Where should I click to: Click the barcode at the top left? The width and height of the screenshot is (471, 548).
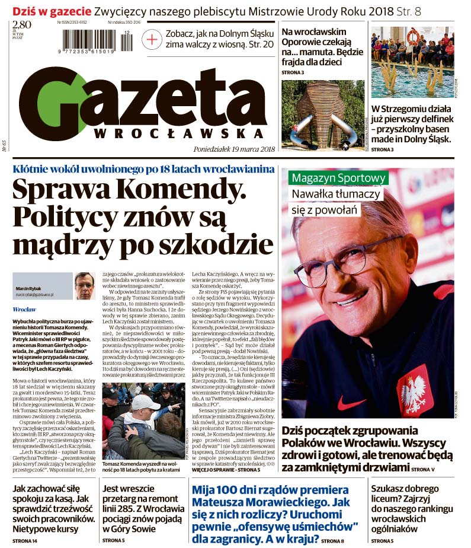[99, 42]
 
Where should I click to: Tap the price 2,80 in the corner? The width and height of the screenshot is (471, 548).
[22, 25]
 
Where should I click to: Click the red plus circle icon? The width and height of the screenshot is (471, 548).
[153, 40]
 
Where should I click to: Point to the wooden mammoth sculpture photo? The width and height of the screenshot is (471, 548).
[323, 116]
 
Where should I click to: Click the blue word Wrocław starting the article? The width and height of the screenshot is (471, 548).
[24, 310]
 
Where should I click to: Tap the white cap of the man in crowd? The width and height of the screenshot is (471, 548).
[145, 403]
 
